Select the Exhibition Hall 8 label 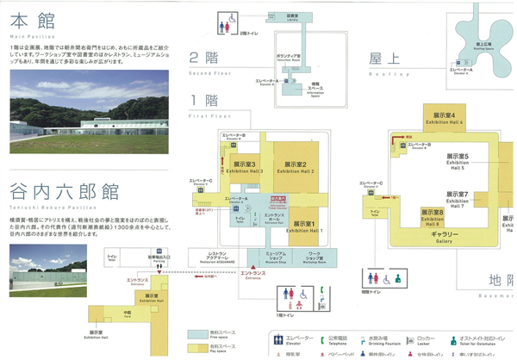point(432,214)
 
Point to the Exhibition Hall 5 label point(457,160)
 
